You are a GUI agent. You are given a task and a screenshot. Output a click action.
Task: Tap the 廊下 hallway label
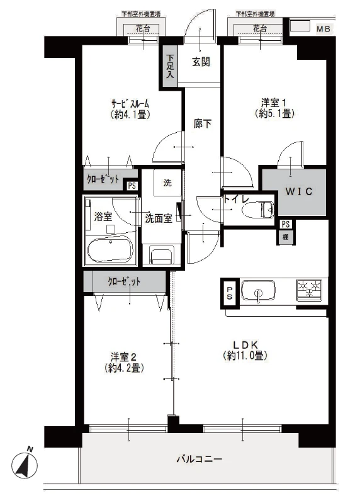(x=202, y=124)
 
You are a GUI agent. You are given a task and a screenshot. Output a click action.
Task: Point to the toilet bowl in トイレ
(x=264, y=208)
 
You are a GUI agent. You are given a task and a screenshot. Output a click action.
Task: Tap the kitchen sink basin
(x=258, y=292)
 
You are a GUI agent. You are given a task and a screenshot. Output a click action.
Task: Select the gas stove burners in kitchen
(x=310, y=290)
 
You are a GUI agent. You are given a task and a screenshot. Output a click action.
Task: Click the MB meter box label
(x=323, y=29)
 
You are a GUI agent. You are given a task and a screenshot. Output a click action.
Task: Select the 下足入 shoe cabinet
(x=170, y=65)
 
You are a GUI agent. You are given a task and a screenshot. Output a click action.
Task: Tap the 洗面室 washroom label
(x=159, y=218)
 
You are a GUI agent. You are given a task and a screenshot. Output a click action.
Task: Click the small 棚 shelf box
(x=286, y=237)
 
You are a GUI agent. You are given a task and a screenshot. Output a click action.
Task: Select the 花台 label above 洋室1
(x=260, y=28)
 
